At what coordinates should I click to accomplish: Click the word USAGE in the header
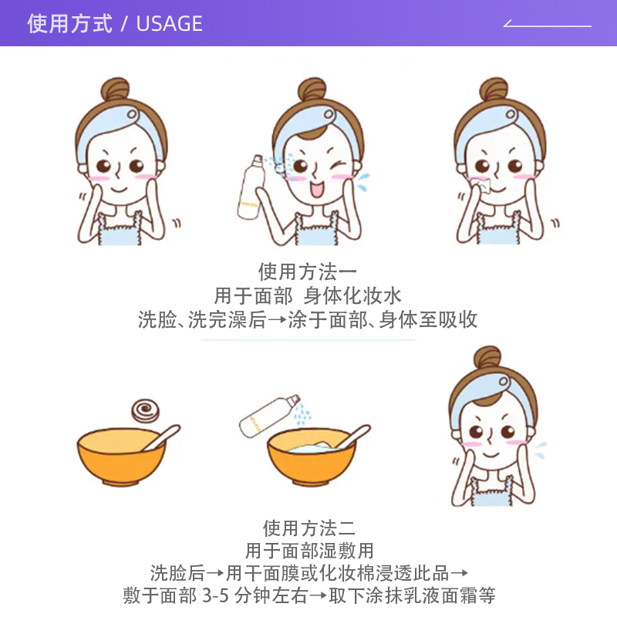[x=169, y=24]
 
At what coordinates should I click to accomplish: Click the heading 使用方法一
[x=308, y=271]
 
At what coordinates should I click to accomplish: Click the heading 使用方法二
[x=308, y=528]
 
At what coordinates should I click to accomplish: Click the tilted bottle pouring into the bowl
[x=268, y=415]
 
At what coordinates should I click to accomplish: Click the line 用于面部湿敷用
[x=308, y=551]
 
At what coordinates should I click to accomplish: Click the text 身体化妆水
[x=352, y=295]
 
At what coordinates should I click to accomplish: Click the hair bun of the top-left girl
[x=116, y=89]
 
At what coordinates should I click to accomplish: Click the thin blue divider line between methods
[x=308, y=339]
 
